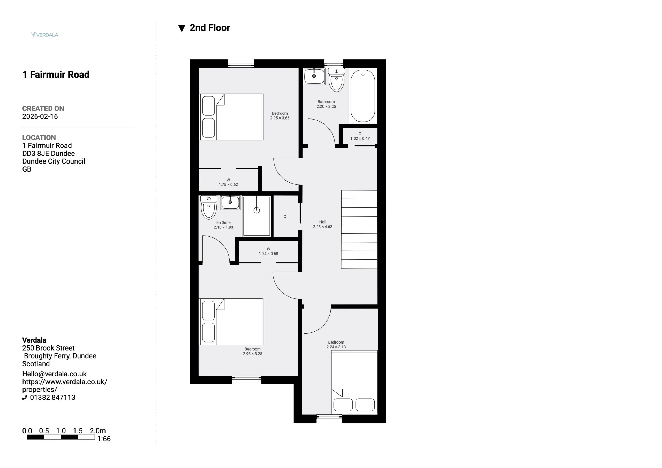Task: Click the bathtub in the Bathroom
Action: (x=363, y=96)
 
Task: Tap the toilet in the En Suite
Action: (x=209, y=207)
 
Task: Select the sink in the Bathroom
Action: (x=314, y=76)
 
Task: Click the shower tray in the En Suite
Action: (x=257, y=216)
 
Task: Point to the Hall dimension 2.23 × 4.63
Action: (x=323, y=227)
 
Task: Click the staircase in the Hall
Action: (x=359, y=229)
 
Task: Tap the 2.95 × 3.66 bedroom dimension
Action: (x=280, y=118)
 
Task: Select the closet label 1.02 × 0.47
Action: (x=360, y=138)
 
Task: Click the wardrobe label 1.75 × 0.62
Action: (x=228, y=185)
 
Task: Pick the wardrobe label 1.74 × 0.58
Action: (x=268, y=254)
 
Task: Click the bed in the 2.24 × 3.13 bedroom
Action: (x=354, y=382)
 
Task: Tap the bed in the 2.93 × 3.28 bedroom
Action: (x=231, y=322)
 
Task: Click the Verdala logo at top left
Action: (x=45, y=35)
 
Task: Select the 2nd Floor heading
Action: (x=204, y=28)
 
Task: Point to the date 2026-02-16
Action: (x=40, y=117)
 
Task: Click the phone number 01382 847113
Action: (x=52, y=397)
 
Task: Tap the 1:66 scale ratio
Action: (x=104, y=439)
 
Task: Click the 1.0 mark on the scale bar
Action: (x=61, y=431)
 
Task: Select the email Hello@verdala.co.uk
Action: (x=55, y=374)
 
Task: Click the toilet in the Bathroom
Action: (x=336, y=80)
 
